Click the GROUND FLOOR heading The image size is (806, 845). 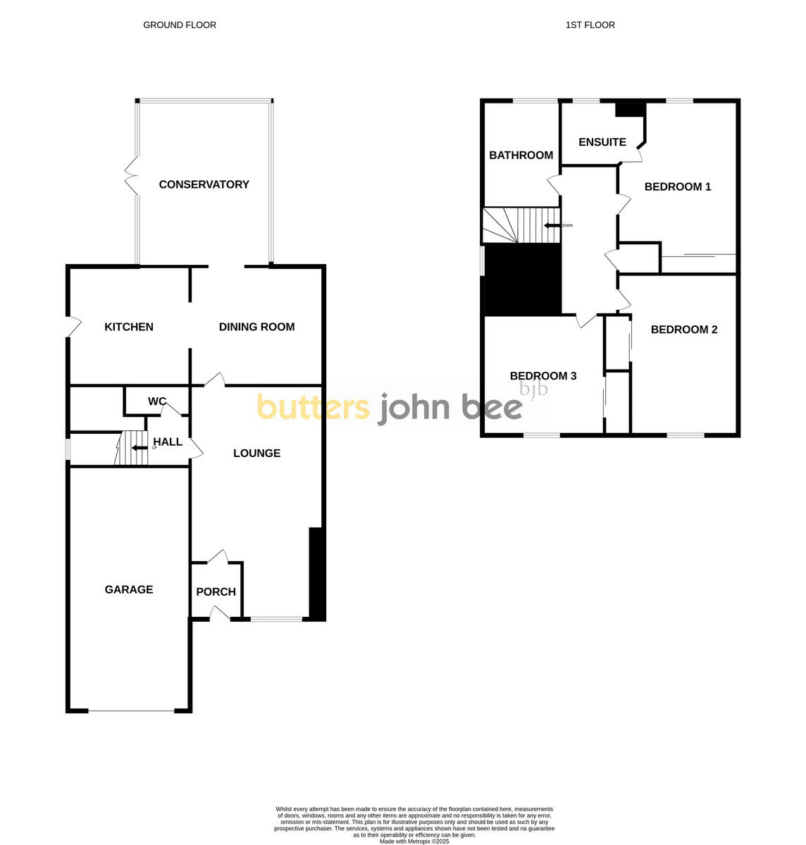180,25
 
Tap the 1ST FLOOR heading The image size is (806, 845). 590,25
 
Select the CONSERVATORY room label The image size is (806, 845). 204,184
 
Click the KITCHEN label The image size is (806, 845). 129,327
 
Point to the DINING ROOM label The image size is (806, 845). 256,327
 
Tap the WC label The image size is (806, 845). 156,401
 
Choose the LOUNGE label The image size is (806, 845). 256,453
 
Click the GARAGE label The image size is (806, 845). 129,589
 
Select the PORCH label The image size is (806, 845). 216,592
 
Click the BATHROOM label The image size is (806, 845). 521,155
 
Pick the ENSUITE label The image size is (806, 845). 602,142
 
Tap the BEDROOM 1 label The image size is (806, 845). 678,187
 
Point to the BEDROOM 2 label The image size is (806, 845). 684,330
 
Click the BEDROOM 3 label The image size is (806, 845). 543,376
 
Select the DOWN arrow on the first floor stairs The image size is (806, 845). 550,225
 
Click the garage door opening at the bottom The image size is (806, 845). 130,711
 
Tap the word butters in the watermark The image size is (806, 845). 313,407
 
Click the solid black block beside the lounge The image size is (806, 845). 316,574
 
